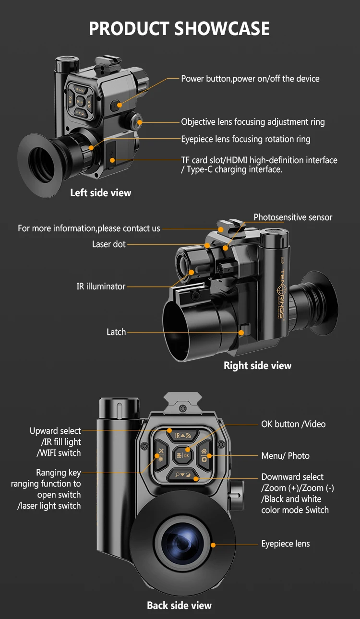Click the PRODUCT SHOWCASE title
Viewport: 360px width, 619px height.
point(180,29)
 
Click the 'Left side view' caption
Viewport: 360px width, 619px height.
point(100,193)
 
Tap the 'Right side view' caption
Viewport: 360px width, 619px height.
point(257,366)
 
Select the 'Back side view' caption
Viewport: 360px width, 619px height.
point(179,606)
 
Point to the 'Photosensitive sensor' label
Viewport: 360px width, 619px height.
point(293,217)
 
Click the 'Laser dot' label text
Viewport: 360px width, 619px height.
point(109,244)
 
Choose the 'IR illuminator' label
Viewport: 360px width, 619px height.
point(101,286)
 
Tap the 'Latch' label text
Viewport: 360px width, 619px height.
point(116,332)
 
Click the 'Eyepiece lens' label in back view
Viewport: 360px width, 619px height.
point(285,544)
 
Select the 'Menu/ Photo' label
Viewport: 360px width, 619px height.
point(285,456)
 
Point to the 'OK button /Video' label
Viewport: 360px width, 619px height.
point(293,424)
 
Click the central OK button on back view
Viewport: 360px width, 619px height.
point(183,454)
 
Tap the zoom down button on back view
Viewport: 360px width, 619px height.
point(183,475)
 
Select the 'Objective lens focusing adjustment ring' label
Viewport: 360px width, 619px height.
point(252,122)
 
